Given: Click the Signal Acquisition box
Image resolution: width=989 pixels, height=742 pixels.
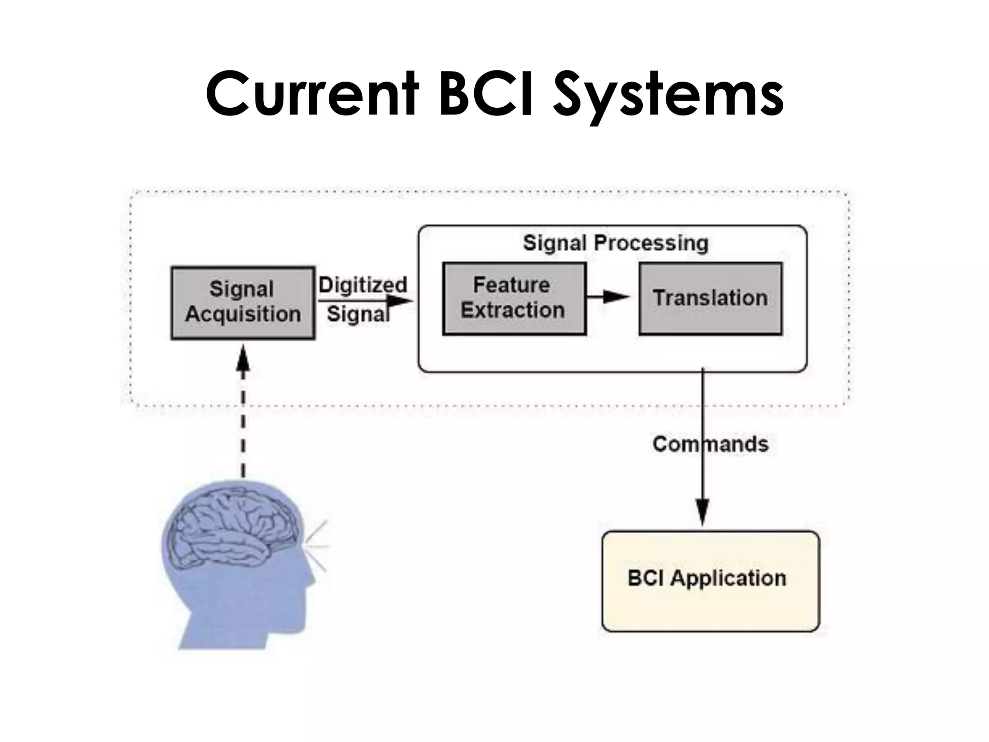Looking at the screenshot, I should coord(243,302).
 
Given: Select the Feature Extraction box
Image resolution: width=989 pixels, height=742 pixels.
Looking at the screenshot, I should coord(514,298).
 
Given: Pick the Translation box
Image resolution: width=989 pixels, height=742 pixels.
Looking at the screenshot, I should coord(710,298).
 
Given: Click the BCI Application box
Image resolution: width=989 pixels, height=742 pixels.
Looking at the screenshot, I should coord(710,581).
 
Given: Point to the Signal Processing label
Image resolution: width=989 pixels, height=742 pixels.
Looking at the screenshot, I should coord(615,243).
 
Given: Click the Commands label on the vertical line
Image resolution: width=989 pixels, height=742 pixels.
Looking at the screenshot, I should coord(710,444).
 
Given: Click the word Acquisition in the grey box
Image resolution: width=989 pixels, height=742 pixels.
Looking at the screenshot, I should coord(243,314).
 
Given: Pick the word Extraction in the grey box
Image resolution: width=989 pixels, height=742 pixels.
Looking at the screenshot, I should coord(512,310).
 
